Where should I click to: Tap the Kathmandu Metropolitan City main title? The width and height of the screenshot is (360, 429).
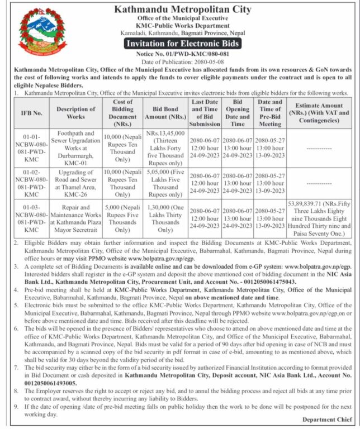pyautogui.click(x=183, y=9)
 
